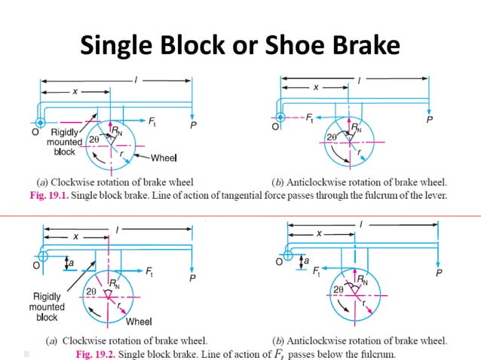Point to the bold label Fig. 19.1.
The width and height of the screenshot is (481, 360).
[x=44, y=196]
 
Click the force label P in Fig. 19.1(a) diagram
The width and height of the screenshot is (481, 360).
[x=193, y=125]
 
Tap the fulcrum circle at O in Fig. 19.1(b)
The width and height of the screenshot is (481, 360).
[x=280, y=117]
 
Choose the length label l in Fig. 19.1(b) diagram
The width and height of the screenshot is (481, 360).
[x=357, y=78]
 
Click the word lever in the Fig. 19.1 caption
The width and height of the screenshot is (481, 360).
[x=435, y=196]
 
